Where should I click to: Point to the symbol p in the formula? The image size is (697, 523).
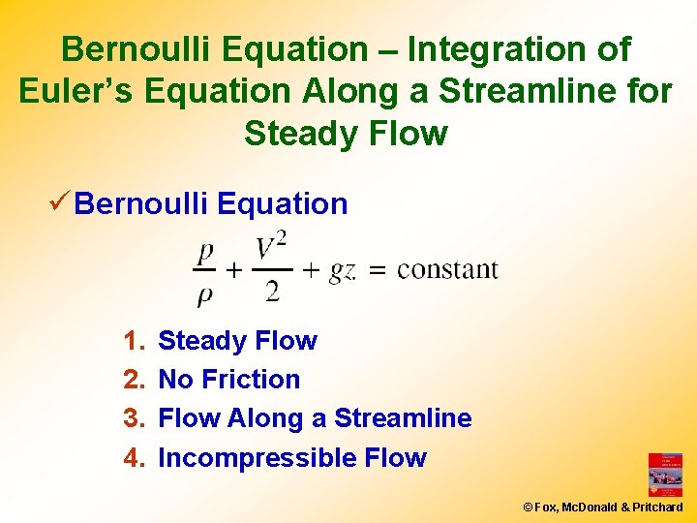point(205,254)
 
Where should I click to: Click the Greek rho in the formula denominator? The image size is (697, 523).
point(204,293)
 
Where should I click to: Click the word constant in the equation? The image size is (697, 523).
point(447,269)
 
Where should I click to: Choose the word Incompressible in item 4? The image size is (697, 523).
point(246,457)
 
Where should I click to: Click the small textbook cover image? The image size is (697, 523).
point(665,475)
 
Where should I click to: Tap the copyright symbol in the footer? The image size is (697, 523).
point(528,507)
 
